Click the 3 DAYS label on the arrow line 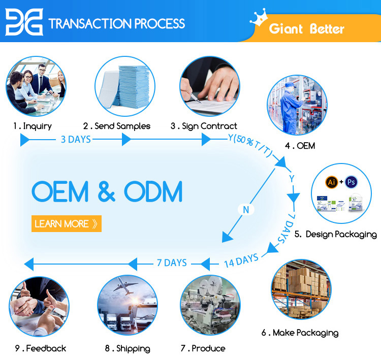(76, 139)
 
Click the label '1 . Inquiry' (33, 126)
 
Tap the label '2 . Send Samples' (117, 126)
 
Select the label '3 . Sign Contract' (204, 126)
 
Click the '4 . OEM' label (300, 146)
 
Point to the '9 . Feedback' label (41, 348)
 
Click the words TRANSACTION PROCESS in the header (116, 23)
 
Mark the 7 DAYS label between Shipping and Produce (171, 263)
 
